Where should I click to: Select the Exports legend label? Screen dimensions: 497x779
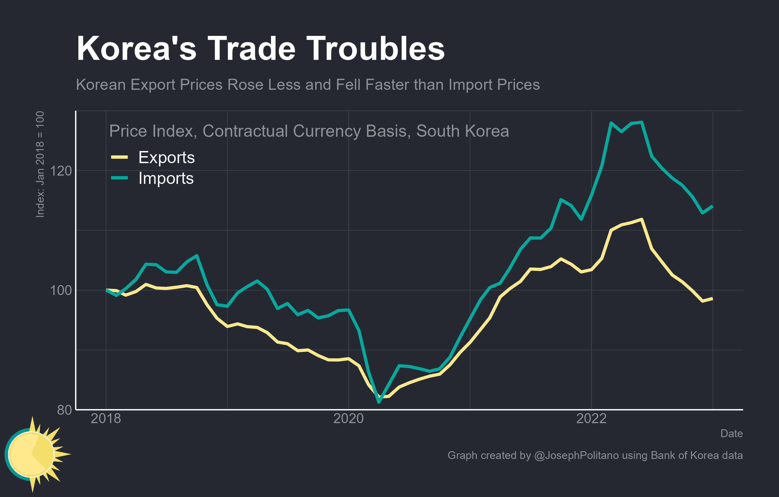(x=166, y=157)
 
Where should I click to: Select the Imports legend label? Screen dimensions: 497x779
(x=166, y=178)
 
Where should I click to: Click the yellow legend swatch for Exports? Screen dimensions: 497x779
(x=119, y=157)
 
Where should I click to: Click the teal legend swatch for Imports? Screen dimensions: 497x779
(x=119, y=178)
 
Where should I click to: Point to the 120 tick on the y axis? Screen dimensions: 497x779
(x=60, y=171)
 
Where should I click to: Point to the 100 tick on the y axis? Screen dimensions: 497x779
(x=60, y=290)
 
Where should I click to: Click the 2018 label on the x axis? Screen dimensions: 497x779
(x=106, y=419)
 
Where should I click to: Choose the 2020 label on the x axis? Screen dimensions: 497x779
(x=348, y=419)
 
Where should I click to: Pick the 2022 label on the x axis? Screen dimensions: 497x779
(x=591, y=419)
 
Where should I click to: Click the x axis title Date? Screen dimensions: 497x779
(x=731, y=433)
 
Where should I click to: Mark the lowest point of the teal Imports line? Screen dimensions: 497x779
(x=379, y=402)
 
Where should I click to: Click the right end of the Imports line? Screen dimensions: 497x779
(x=712, y=207)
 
